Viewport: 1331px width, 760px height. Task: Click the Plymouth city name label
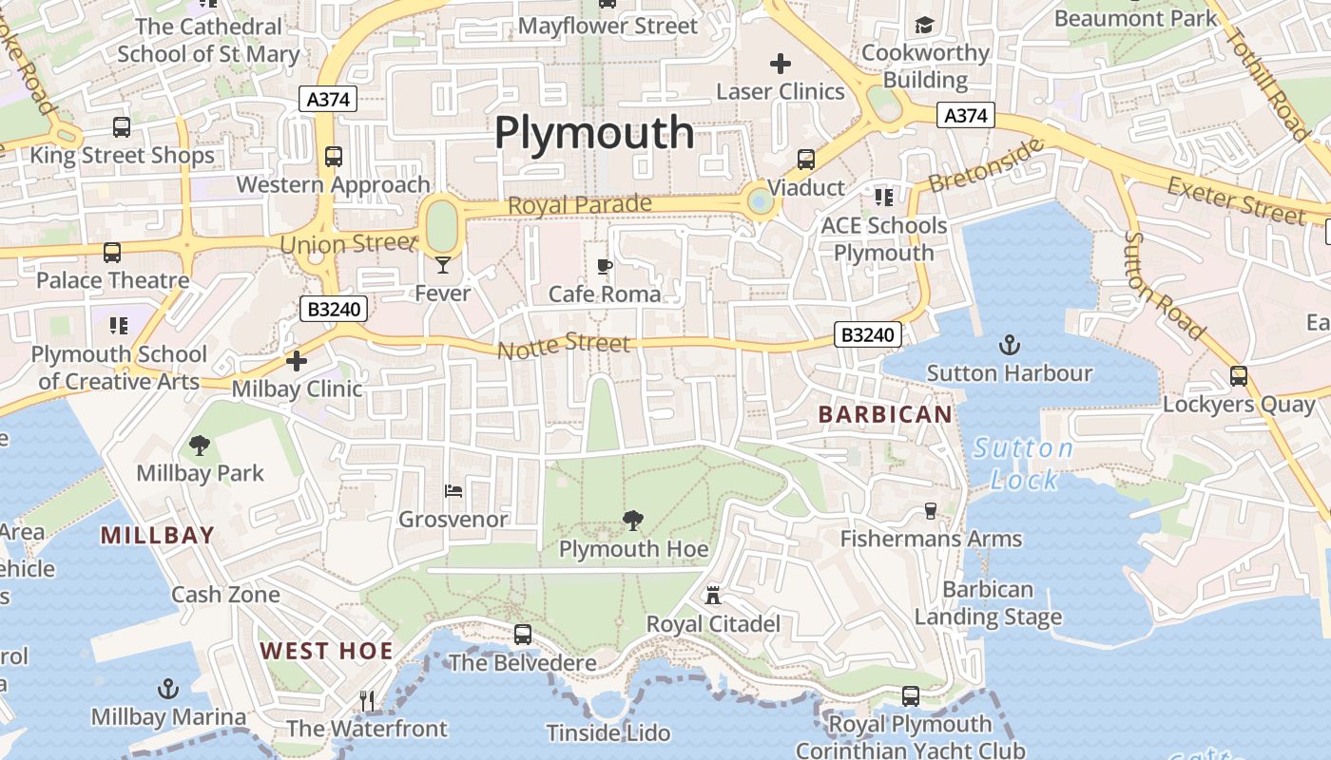pos(594,133)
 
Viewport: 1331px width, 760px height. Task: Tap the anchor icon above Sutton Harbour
pos(1010,345)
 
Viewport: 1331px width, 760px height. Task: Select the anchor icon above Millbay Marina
pos(168,689)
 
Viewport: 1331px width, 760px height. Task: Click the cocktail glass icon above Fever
pos(443,265)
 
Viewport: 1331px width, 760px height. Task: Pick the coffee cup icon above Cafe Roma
pos(604,266)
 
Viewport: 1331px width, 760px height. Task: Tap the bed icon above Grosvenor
pos(453,491)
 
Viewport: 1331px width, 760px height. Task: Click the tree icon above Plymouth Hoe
pos(632,520)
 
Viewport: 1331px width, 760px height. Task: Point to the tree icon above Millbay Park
pos(200,444)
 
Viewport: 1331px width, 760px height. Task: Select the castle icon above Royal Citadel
pos(713,596)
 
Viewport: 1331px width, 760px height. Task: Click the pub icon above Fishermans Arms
pos(930,510)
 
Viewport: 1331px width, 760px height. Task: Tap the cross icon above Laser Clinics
pos(781,64)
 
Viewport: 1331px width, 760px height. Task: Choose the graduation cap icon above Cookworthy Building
pos(924,25)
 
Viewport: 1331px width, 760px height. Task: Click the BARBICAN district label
pos(885,414)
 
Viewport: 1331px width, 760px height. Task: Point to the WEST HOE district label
pos(327,651)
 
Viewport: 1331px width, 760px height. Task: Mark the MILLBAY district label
pos(158,535)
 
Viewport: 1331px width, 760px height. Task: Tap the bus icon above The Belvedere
pos(523,635)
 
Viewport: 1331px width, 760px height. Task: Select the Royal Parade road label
pos(580,204)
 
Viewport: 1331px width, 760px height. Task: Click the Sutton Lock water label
pos(1024,464)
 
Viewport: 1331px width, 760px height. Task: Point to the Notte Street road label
pos(564,347)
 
